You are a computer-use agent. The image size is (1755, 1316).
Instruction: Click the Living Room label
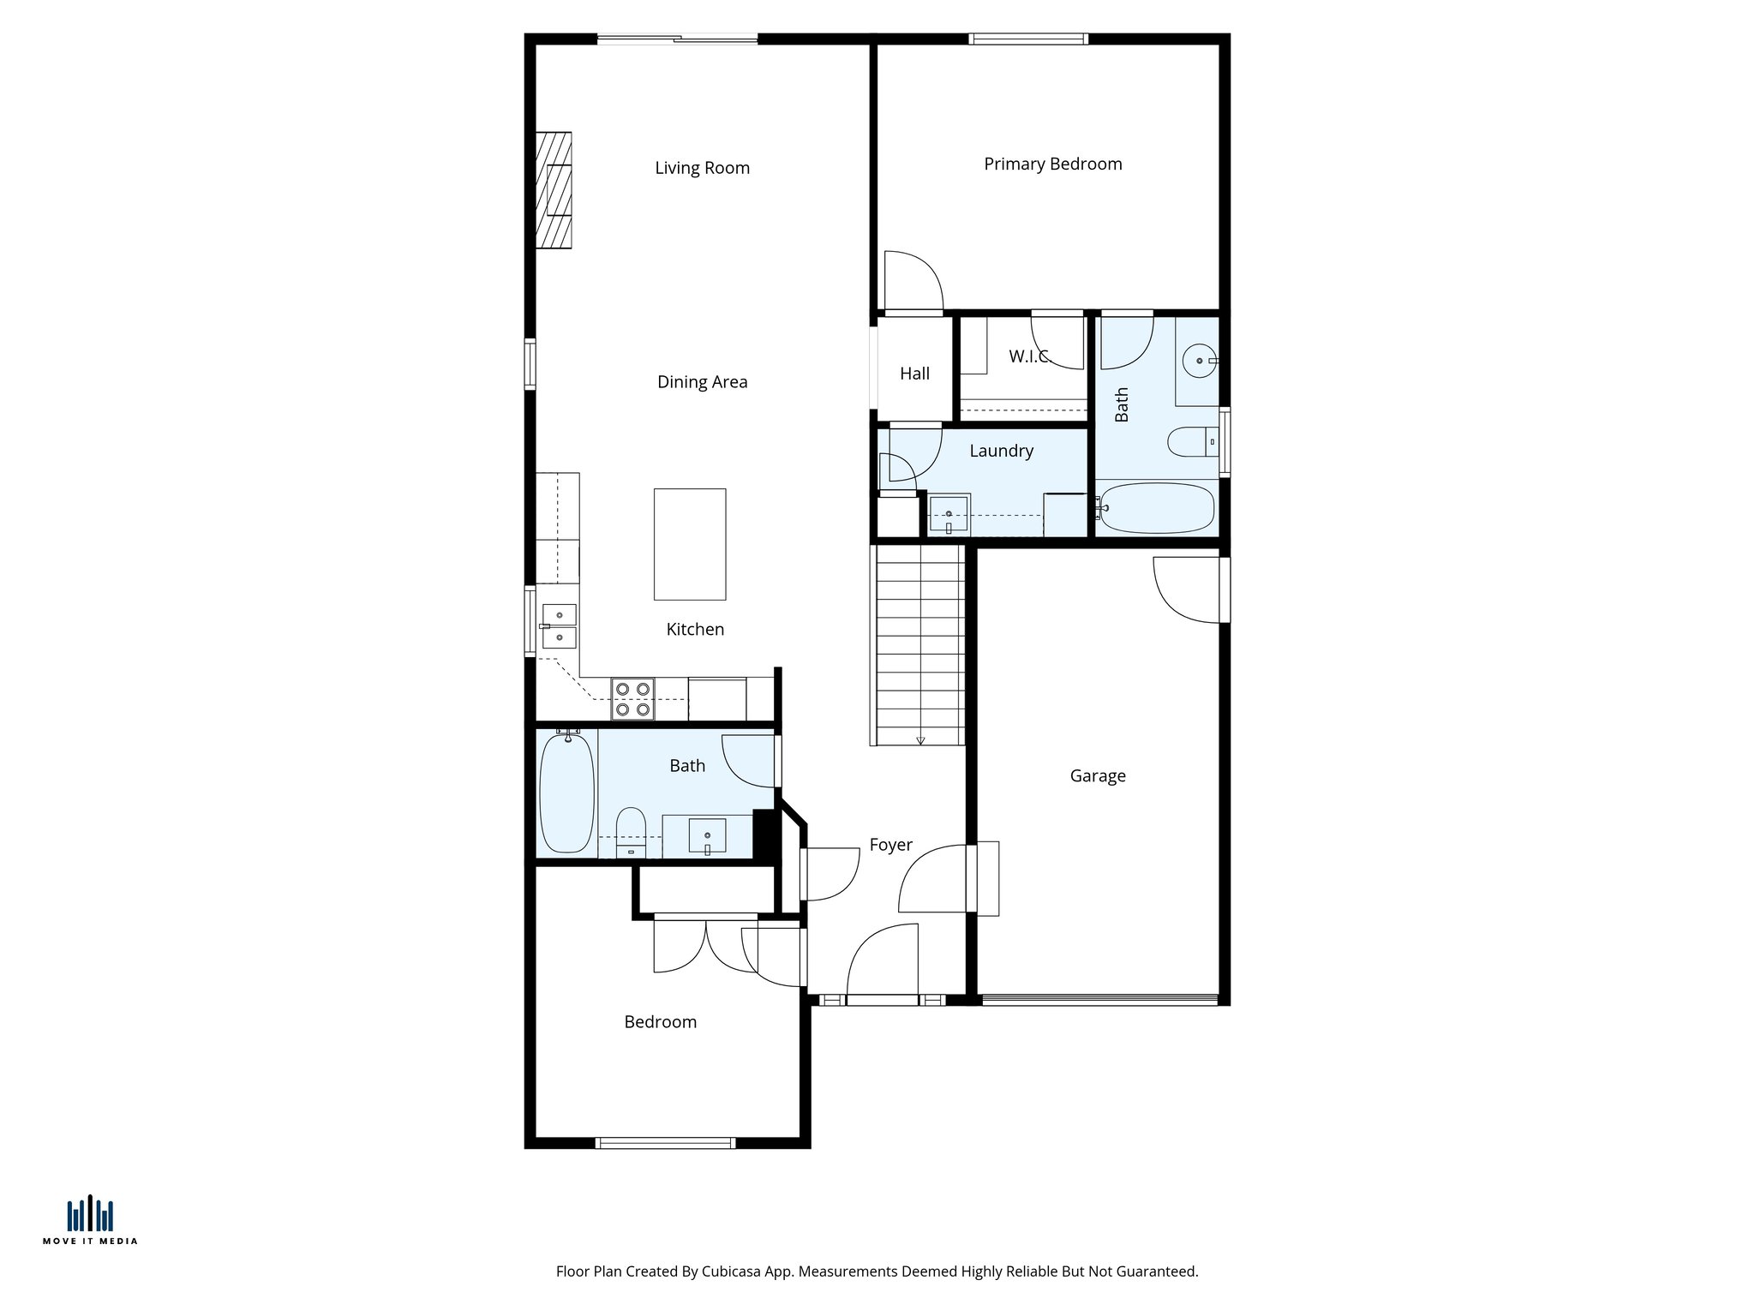[x=702, y=168]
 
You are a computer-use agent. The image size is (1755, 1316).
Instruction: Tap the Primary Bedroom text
[x=1052, y=164]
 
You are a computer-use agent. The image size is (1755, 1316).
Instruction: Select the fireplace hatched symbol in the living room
[x=554, y=190]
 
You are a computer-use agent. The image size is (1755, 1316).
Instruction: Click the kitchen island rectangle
[x=690, y=544]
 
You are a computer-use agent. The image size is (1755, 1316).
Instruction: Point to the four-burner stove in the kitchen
[x=632, y=698]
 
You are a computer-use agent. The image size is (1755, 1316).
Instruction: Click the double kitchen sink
[x=559, y=626]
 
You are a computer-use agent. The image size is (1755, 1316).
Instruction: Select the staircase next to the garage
[x=919, y=644]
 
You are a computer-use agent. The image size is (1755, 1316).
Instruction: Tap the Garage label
[x=1097, y=775]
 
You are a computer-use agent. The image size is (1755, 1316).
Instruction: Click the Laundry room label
[x=1001, y=451]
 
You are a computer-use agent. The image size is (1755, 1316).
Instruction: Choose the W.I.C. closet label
[x=1028, y=356]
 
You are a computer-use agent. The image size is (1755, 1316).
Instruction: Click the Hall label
[x=914, y=374]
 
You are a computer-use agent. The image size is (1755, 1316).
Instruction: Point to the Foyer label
[x=890, y=845]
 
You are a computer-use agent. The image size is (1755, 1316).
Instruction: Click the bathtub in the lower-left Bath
[x=566, y=793]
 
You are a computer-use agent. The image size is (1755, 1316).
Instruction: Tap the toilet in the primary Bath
[x=1192, y=442]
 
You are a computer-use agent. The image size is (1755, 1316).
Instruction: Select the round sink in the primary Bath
[x=1199, y=361]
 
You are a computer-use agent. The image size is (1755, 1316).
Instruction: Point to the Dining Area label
[x=702, y=382]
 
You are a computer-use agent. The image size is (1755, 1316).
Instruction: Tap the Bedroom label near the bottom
[x=660, y=1022]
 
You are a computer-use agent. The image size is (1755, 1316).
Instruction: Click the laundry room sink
[x=949, y=515]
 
